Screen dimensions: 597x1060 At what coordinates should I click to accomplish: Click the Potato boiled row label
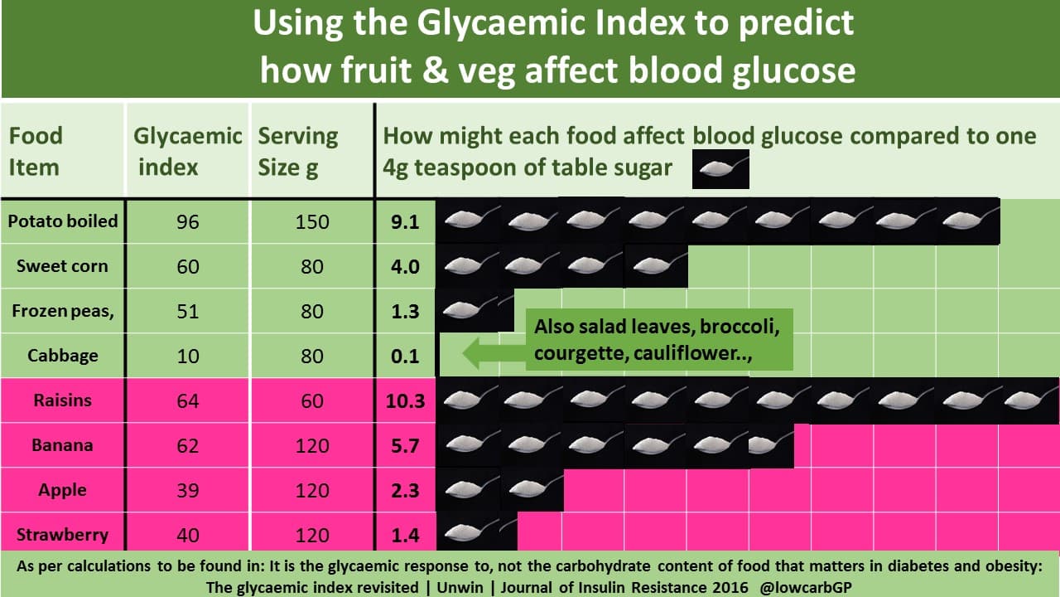coord(63,221)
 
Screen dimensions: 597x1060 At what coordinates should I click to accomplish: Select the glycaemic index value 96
coord(188,222)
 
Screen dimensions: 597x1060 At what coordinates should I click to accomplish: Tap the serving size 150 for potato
coord(312,222)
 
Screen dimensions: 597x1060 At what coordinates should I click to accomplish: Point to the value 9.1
coord(405,222)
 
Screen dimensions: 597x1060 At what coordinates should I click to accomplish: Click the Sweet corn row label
coord(63,266)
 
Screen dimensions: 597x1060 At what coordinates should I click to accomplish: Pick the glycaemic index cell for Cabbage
coord(188,357)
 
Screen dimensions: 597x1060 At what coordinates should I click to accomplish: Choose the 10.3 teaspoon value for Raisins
coord(405,401)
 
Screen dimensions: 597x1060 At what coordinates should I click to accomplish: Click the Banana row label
coord(63,445)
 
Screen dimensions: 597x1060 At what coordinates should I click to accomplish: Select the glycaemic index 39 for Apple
coord(188,490)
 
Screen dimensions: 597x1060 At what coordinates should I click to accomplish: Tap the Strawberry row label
coord(63,534)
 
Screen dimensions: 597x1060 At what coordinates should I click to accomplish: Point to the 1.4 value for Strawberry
coord(405,535)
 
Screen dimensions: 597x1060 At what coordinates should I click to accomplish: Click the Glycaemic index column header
coord(188,151)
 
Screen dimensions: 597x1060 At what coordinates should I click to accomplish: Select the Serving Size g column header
coord(298,151)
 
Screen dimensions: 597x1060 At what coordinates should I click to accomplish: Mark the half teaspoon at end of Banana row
coord(768,445)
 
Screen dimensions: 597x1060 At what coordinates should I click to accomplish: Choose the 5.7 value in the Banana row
coord(405,446)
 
